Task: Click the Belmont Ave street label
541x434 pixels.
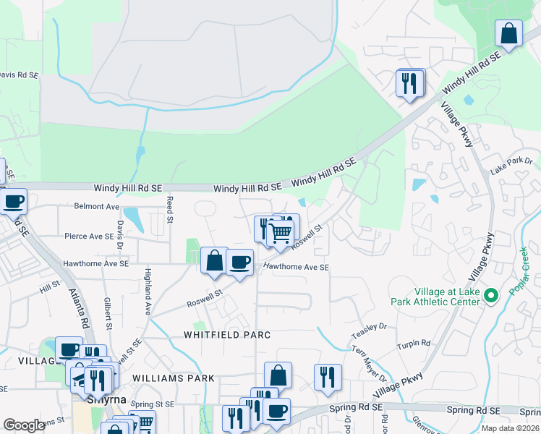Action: click(97, 206)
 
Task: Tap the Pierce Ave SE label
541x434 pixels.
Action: click(88, 236)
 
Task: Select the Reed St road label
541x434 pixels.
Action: click(171, 208)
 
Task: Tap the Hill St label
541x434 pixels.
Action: click(50, 287)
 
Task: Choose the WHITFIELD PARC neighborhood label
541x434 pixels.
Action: click(226, 335)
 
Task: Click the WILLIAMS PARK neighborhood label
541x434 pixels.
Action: click(174, 378)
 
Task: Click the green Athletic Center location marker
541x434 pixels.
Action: click(491, 294)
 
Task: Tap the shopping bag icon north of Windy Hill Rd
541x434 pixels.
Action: click(508, 33)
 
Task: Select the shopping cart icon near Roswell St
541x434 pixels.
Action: click(280, 233)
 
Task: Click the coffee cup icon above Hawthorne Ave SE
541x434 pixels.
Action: click(239, 262)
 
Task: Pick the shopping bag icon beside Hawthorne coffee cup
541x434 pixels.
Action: click(214, 260)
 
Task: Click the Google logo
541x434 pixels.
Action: click(25, 425)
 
